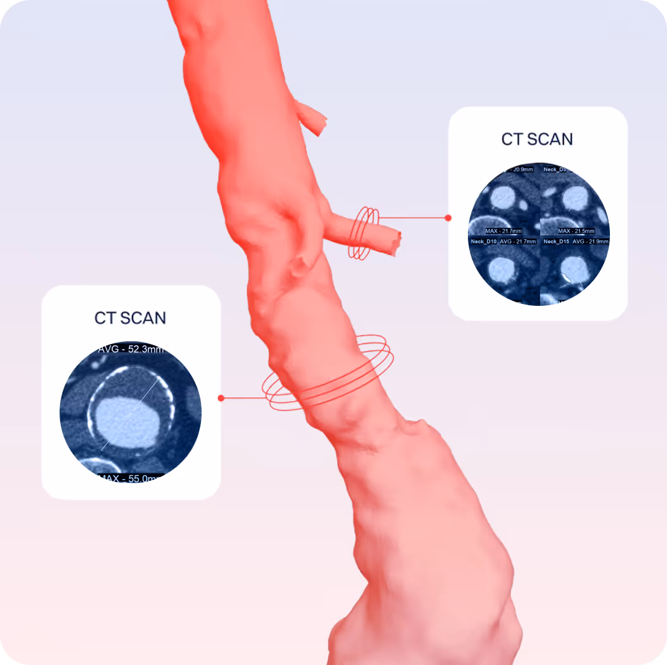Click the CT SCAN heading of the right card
tap(537, 139)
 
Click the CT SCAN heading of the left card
tap(130, 318)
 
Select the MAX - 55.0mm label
tap(130, 478)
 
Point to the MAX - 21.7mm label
tap(503, 230)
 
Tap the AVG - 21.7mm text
tap(518, 242)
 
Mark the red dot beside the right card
tap(448, 218)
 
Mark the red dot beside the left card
tap(221, 398)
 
